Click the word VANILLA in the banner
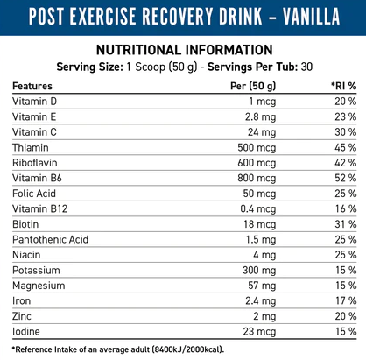tap(312, 16)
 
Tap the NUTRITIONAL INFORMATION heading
tap(185, 50)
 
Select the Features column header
tap(32, 86)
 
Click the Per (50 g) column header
tap(253, 86)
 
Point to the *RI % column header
tap(343, 86)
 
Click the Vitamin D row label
tap(34, 102)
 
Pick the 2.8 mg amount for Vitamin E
tap(260, 117)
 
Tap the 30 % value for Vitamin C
tap(346, 132)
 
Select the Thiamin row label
tap(31, 147)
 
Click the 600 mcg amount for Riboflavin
tap(257, 163)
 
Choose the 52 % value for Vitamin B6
tap(346, 178)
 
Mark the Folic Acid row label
tap(34, 194)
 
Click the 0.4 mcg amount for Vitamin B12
tap(258, 209)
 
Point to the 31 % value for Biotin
tap(346, 224)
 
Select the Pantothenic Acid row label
tap(50, 239)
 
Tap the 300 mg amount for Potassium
tap(259, 271)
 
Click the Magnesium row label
tap(39, 286)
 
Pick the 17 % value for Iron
tap(346, 300)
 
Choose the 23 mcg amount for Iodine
tap(259, 332)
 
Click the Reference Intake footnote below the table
tap(118, 349)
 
